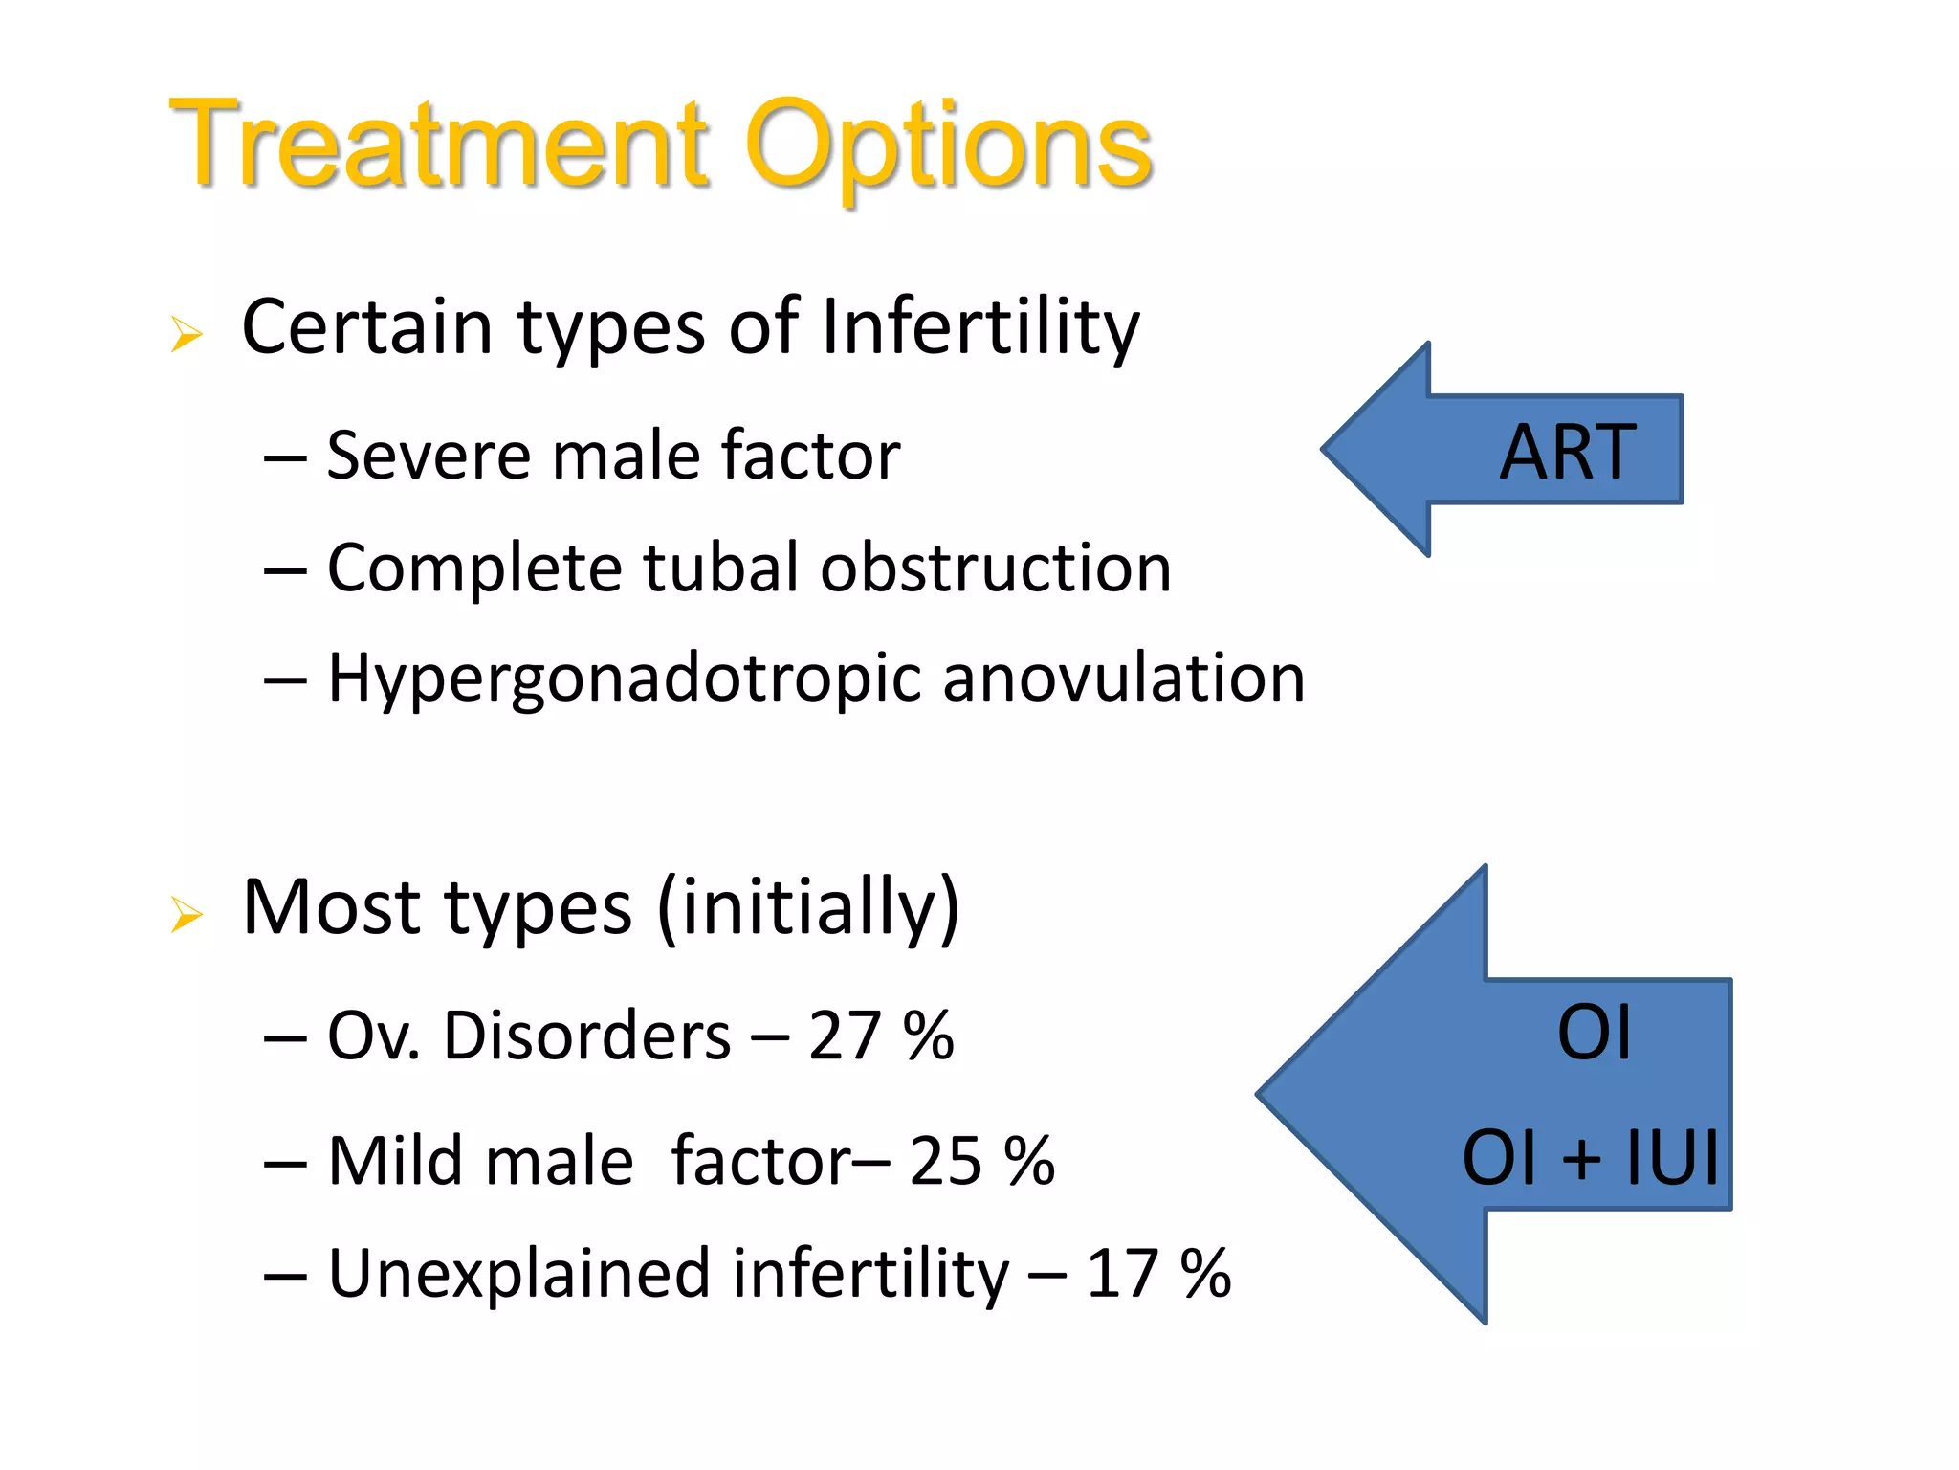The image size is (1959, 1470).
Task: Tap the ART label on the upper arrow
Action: pos(1567,452)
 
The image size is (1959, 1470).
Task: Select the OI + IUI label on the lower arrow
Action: pos(1590,1158)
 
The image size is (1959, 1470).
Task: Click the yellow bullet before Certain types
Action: pos(187,334)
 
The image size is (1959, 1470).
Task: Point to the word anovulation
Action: pos(1123,678)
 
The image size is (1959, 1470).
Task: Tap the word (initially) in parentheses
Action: pos(808,906)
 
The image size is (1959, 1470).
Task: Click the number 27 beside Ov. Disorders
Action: pos(844,1036)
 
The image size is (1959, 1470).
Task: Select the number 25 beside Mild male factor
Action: pos(945,1162)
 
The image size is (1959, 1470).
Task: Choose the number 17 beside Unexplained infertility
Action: pos(1122,1274)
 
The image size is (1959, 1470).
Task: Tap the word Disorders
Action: pos(586,1036)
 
